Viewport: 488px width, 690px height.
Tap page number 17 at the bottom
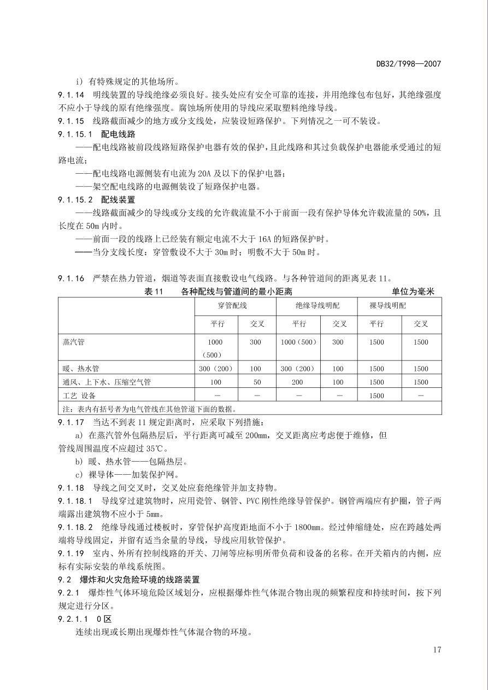click(437, 650)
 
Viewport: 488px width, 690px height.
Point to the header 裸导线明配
click(387, 305)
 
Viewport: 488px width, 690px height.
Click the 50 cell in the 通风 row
click(256, 382)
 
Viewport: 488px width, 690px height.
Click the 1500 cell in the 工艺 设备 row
click(377, 396)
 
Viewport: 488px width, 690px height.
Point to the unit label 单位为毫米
click(413, 292)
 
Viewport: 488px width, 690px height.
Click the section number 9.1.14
click(70, 95)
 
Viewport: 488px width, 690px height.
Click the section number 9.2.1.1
click(75, 619)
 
